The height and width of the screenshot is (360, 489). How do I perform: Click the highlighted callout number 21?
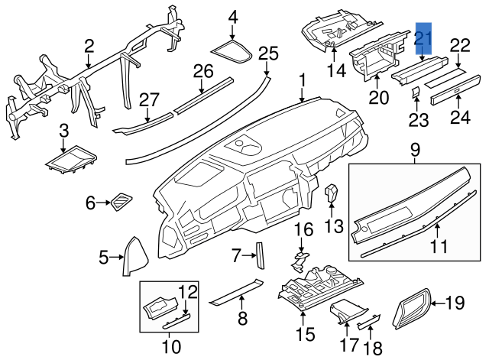(423, 38)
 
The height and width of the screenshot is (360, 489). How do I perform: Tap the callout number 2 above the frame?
(89, 47)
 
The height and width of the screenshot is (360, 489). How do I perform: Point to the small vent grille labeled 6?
(121, 202)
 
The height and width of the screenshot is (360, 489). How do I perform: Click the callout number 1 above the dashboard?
(303, 79)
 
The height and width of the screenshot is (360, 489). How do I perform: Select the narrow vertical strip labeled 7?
(258, 255)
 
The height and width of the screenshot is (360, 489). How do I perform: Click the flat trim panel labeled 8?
(236, 290)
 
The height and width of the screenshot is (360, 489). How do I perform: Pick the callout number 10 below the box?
(170, 346)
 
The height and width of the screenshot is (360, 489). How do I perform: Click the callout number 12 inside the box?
(188, 291)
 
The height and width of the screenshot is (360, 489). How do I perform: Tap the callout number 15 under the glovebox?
(305, 334)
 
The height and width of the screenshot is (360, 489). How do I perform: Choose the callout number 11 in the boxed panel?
(437, 247)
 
